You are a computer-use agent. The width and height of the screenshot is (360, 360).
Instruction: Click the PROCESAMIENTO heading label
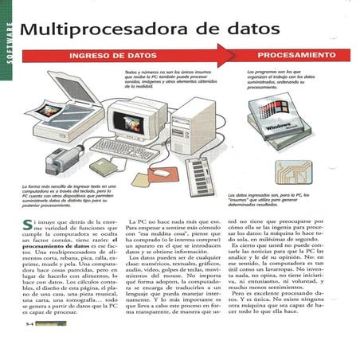(x=295, y=57)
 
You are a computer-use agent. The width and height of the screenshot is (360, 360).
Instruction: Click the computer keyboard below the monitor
(x=123, y=148)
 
